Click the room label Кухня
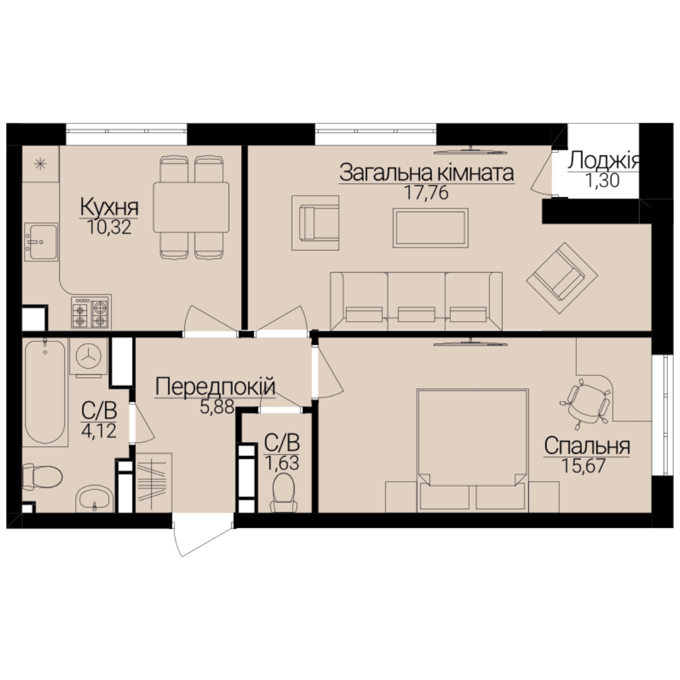(110, 208)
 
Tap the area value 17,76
(426, 193)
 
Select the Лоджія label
(603, 161)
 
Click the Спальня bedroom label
(587, 446)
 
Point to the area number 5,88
(217, 407)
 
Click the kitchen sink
(41, 242)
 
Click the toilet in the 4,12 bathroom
(42, 477)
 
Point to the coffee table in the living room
(430, 228)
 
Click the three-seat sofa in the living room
(416, 302)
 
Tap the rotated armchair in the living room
(562, 278)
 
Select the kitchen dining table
(191, 208)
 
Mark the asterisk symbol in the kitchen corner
(40, 164)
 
